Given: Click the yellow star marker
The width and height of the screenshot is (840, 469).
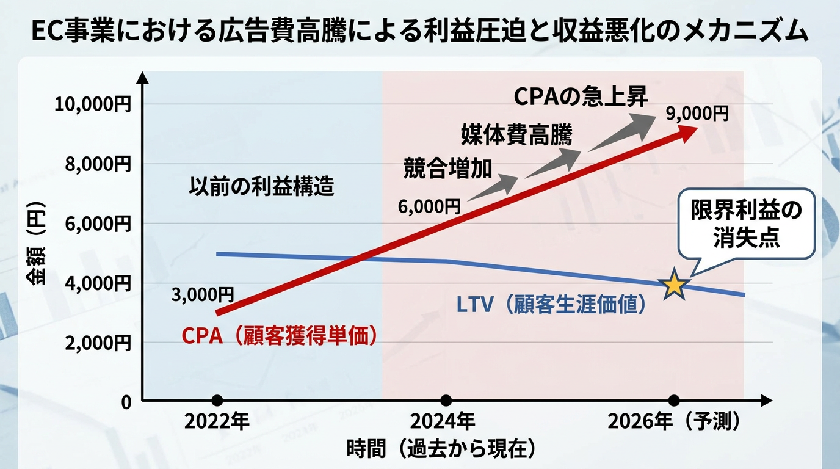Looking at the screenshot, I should pos(674,285).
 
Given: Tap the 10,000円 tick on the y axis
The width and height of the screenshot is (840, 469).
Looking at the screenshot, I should pos(93,104).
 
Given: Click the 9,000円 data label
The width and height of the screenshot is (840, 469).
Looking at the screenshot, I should pos(698,114).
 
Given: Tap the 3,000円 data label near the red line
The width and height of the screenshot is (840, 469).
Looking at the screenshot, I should pos(203,295).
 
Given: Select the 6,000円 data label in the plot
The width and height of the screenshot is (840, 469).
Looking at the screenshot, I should pos(430,207).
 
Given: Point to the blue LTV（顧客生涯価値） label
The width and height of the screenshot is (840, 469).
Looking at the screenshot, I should pos(551,304).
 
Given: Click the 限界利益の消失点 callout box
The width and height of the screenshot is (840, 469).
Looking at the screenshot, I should pos(747,224).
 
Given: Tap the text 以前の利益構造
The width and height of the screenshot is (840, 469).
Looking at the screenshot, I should pos(261,186).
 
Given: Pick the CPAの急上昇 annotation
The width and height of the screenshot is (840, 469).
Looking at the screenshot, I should pos(581,97).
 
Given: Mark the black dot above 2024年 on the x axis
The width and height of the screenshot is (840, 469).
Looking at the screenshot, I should pos(446,401).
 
